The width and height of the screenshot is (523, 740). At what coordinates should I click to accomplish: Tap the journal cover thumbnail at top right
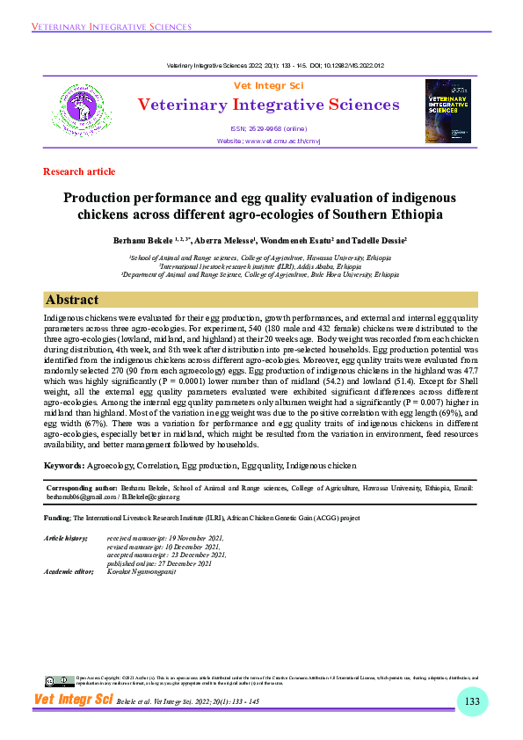(x=448, y=112)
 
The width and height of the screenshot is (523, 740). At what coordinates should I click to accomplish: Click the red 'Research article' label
(x=79, y=171)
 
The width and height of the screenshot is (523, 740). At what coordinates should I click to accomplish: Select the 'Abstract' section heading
(x=72, y=299)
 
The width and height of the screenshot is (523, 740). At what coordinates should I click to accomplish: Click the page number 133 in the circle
(x=472, y=700)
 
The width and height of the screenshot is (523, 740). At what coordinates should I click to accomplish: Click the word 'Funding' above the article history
(x=57, y=519)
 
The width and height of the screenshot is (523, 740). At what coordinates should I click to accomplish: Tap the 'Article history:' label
(x=65, y=537)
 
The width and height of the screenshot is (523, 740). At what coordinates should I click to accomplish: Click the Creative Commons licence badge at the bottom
(x=58, y=681)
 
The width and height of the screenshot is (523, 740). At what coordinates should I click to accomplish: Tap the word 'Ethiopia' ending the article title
(x=413, y=214)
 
